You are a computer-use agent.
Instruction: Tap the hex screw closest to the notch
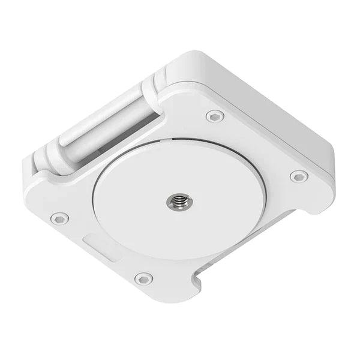point(143,278)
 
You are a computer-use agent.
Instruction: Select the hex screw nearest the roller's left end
point(59,218)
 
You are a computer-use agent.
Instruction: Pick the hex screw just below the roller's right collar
point(215,116)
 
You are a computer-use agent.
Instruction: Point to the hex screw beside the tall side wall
point(298,176)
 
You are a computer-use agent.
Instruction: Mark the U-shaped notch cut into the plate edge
point(198,280)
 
